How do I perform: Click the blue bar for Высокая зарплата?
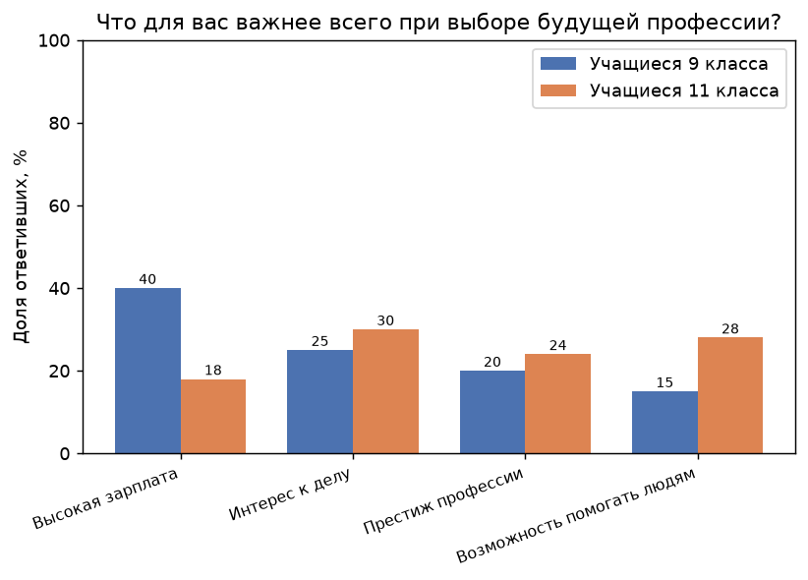point(147,371)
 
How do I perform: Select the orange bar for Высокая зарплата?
point(213,417)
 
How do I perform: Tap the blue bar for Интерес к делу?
point(320,402)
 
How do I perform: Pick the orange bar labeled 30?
point(385,391)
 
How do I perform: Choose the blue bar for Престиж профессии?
point(492,412)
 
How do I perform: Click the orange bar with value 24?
point(557,404)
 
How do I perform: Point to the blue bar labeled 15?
point(664,423)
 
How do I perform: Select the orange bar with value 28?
point(730,395)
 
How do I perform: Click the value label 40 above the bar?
point(147,279)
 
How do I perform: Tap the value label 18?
point(213,371)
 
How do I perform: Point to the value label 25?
point(320,341)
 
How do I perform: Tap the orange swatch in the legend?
point(558,90)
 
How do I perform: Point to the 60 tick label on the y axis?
point(59,206)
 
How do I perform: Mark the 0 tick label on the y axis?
point(65,454)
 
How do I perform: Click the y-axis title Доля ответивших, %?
point(21,247)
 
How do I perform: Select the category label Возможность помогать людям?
point(576,515)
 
